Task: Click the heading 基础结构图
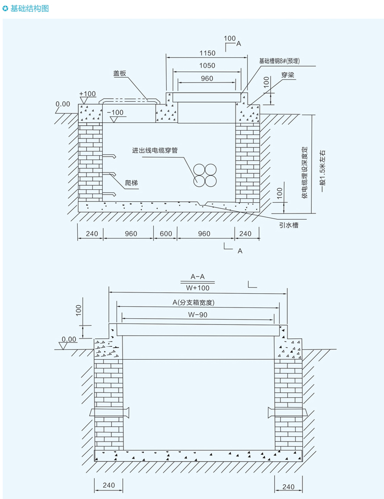click(29, 8)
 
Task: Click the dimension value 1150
click(206, 53)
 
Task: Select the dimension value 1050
click(206, 66)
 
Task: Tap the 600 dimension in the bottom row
click(166, 233)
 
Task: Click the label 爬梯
click(132, 182)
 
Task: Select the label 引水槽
click(288, 225)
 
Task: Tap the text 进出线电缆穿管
click(154, 150)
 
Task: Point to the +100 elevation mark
click(88, 94)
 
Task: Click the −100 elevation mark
click(117, 112)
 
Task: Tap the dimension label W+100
click(197, 287)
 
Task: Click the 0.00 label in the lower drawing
click(69, 340)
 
